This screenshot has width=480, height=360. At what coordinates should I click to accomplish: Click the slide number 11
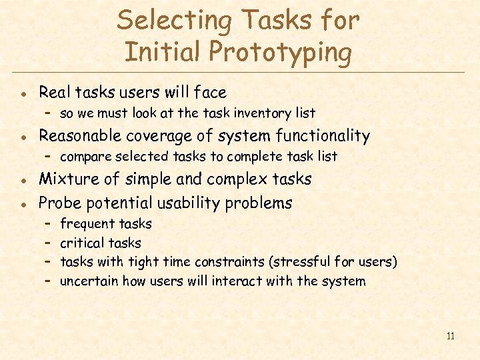coord(450,336)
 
